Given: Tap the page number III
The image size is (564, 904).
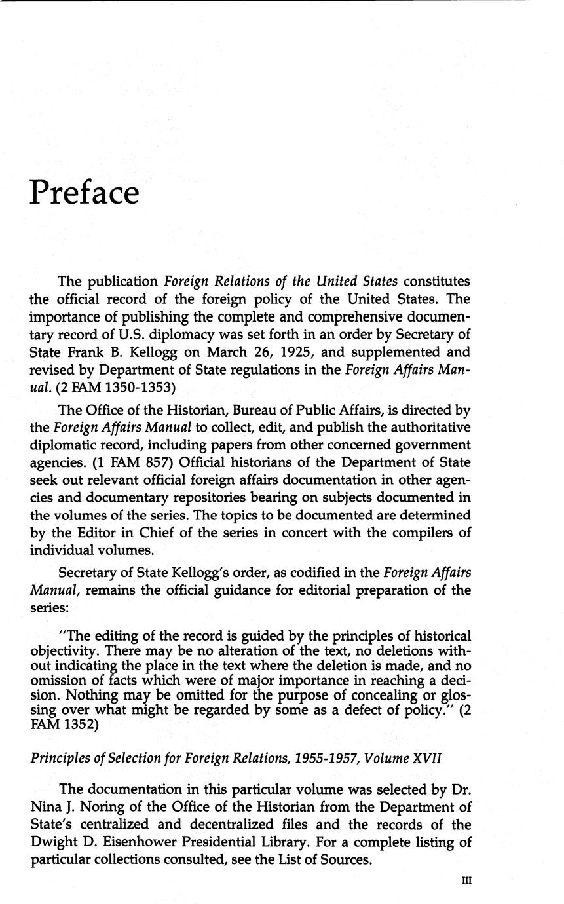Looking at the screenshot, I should [466, 881].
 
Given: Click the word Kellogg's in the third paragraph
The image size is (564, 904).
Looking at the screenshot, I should [182, 573].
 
